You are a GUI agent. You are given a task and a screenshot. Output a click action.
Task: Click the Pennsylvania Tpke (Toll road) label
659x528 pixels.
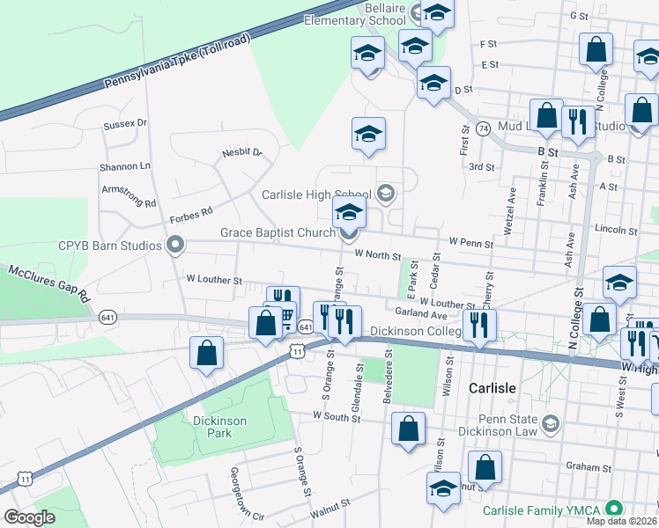pos(177,61)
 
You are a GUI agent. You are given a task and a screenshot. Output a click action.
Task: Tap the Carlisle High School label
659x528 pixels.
pos(315,194)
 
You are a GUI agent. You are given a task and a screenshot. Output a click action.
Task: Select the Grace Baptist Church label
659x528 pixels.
pos(278,233)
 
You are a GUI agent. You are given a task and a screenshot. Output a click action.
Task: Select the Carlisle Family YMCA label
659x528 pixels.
pos(540,510)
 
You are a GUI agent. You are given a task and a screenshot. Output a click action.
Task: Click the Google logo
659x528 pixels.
pos(30,517)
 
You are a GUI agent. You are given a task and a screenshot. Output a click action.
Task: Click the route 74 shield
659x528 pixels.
pos(483,128)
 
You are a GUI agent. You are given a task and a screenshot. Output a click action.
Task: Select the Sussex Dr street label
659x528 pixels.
pos(124,124)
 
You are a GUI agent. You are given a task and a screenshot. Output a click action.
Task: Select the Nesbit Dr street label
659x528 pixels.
pos(242,152)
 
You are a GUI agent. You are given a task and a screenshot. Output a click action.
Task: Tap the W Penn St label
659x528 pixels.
pos(470,240)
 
